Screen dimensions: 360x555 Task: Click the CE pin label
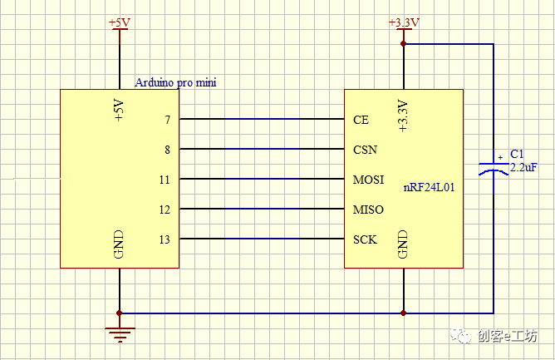[361, 120]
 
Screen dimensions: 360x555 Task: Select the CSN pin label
[365, 150]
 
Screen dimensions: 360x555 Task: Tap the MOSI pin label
[368, 180]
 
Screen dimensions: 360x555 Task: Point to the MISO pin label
[368, 210]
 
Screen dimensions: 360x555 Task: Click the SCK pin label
[365, 239]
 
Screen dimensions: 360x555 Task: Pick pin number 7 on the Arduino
[167, 120]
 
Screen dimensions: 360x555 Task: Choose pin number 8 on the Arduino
[167, 150]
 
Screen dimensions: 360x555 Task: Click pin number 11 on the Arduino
[165, 180]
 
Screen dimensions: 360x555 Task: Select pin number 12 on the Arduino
[165, 210]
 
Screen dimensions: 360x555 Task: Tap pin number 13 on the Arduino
[165, 239]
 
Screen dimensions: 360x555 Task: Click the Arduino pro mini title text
[176, 82]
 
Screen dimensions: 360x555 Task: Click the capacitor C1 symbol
[494, 166]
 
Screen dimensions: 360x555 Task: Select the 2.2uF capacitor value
[523, 167]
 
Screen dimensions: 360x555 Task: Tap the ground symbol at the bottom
[120, 334]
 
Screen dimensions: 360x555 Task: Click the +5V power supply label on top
[120, 22]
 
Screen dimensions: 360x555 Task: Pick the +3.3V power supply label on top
[404, 22]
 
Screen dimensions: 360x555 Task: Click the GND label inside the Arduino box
[118, 244]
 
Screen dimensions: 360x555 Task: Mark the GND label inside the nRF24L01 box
[403, 244]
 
